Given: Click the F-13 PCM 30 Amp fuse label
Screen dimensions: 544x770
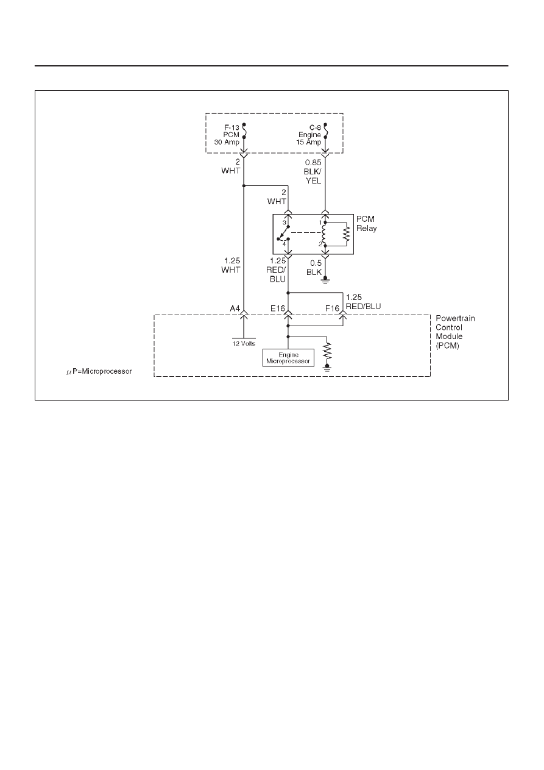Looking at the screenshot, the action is [227, 135].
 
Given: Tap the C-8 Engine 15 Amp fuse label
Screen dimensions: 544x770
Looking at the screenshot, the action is [309, 135].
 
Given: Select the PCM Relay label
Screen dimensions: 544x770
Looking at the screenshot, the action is [367, 223].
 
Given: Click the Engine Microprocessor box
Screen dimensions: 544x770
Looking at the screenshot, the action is [288, 358].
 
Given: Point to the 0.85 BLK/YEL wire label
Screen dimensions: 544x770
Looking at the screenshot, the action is [313, 171].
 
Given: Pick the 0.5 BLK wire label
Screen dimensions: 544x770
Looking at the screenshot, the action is [314, 268].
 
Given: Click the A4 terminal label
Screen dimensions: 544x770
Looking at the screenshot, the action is [235, 308].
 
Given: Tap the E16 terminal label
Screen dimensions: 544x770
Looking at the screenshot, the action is [278, 308].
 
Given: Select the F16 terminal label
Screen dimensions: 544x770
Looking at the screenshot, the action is [333, 308].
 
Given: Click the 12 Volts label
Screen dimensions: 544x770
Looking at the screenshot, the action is [244, 343].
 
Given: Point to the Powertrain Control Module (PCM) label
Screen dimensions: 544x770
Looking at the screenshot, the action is [455, 332].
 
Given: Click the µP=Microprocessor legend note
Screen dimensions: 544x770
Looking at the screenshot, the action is [99, 372].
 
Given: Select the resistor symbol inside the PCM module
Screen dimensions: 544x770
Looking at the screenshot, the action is [328, 351].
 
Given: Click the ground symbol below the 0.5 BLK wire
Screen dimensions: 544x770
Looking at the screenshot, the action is [325, 280].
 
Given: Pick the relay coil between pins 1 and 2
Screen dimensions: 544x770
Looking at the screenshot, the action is [323, 234].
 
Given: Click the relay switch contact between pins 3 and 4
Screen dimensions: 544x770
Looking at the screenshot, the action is [283, 233].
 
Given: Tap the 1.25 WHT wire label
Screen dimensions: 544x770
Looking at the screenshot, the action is [231, 265].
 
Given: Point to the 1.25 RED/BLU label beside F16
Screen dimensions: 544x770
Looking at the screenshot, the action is [363, 302].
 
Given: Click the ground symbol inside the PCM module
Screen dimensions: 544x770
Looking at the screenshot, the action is [328, 368].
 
